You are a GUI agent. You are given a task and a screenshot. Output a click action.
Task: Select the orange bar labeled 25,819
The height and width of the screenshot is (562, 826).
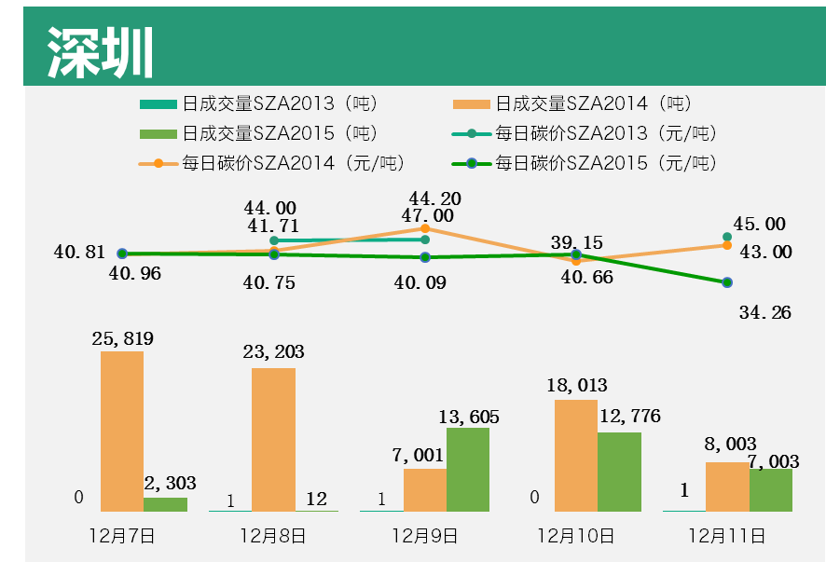coord(122,431)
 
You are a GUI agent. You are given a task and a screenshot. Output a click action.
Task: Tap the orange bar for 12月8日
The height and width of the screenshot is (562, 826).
coord(273,439)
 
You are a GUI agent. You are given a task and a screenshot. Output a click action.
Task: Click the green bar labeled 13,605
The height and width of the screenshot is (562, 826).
coord(468,469)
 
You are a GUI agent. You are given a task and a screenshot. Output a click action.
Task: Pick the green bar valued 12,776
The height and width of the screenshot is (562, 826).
coord(619,471)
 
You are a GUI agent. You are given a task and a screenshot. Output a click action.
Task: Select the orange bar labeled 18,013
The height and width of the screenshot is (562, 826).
coord(576,455)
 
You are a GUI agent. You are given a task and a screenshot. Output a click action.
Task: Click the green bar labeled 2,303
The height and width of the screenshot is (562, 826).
coord(165,503)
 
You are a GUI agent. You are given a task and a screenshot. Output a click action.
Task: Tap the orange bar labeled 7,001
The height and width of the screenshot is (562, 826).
coord(425,489)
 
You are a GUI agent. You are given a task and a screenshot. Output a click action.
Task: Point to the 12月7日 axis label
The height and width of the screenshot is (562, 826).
coord(121,536)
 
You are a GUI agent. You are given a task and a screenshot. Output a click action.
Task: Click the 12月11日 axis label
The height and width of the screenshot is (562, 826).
coord(726,536)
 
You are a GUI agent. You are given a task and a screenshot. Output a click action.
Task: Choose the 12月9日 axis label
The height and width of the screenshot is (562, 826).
coord(424,536)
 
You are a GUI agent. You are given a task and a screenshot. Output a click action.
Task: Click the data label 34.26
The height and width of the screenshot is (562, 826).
coord(764,313)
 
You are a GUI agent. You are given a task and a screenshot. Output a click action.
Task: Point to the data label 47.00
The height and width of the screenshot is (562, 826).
coord(427,216)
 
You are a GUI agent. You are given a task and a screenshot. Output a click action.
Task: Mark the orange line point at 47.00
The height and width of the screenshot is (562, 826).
coord(425,228)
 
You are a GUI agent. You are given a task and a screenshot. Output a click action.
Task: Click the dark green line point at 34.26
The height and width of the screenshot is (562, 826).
coord(727,282)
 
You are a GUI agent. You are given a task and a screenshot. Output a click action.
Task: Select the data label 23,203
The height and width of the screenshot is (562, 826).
coord(273,352)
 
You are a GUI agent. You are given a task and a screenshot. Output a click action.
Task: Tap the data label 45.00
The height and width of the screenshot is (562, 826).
coord(759,225)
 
